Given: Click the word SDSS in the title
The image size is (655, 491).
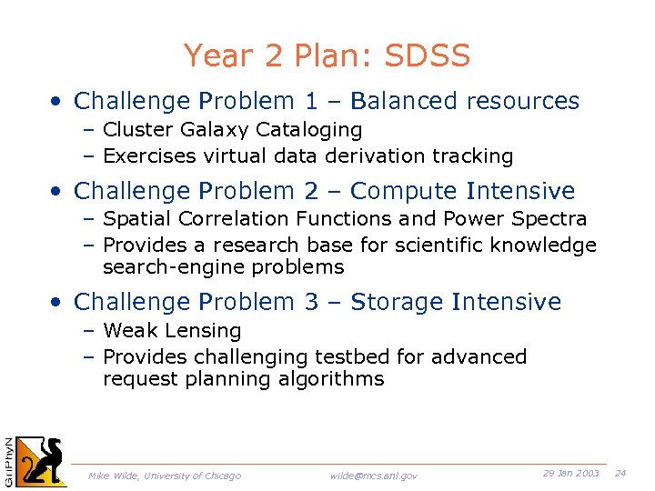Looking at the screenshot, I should (x=428, y=56).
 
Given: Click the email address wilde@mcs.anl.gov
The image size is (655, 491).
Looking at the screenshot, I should (x=374, y=476).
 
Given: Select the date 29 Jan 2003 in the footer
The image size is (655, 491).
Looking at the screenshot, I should (x=570, y=474).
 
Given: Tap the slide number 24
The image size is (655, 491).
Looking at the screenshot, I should (x=620, y=474).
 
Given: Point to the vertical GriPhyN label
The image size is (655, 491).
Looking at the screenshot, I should (x=8, y=460).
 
